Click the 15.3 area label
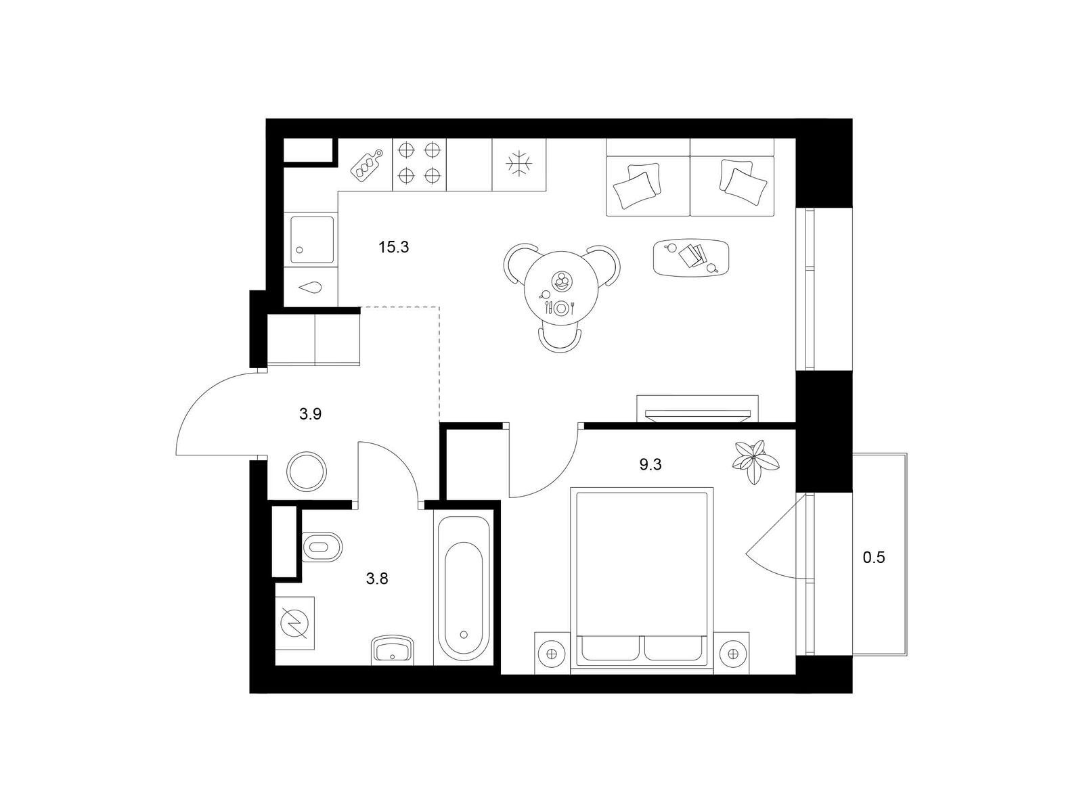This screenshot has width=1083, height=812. click(x=393, y=247)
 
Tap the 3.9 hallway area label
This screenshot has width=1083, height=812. click(x=310, y=413)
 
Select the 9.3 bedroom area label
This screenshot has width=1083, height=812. click(x=650, y=464)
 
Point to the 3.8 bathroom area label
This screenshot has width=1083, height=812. click(x=377, y=579)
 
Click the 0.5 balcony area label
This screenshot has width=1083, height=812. click(x=873, y=558)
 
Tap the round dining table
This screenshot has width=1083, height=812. click(x=562, y=288)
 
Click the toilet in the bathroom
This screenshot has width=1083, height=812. click(x=321, y=547)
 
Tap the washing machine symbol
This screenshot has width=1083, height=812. click(x=294, y=623)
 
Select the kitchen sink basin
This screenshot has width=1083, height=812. click(x=311, y=240)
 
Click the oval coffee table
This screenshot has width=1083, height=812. click(x=691, y=258)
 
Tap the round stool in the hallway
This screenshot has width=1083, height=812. click(x=307, y=471)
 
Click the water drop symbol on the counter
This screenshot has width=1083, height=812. click(x=311, y=288)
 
